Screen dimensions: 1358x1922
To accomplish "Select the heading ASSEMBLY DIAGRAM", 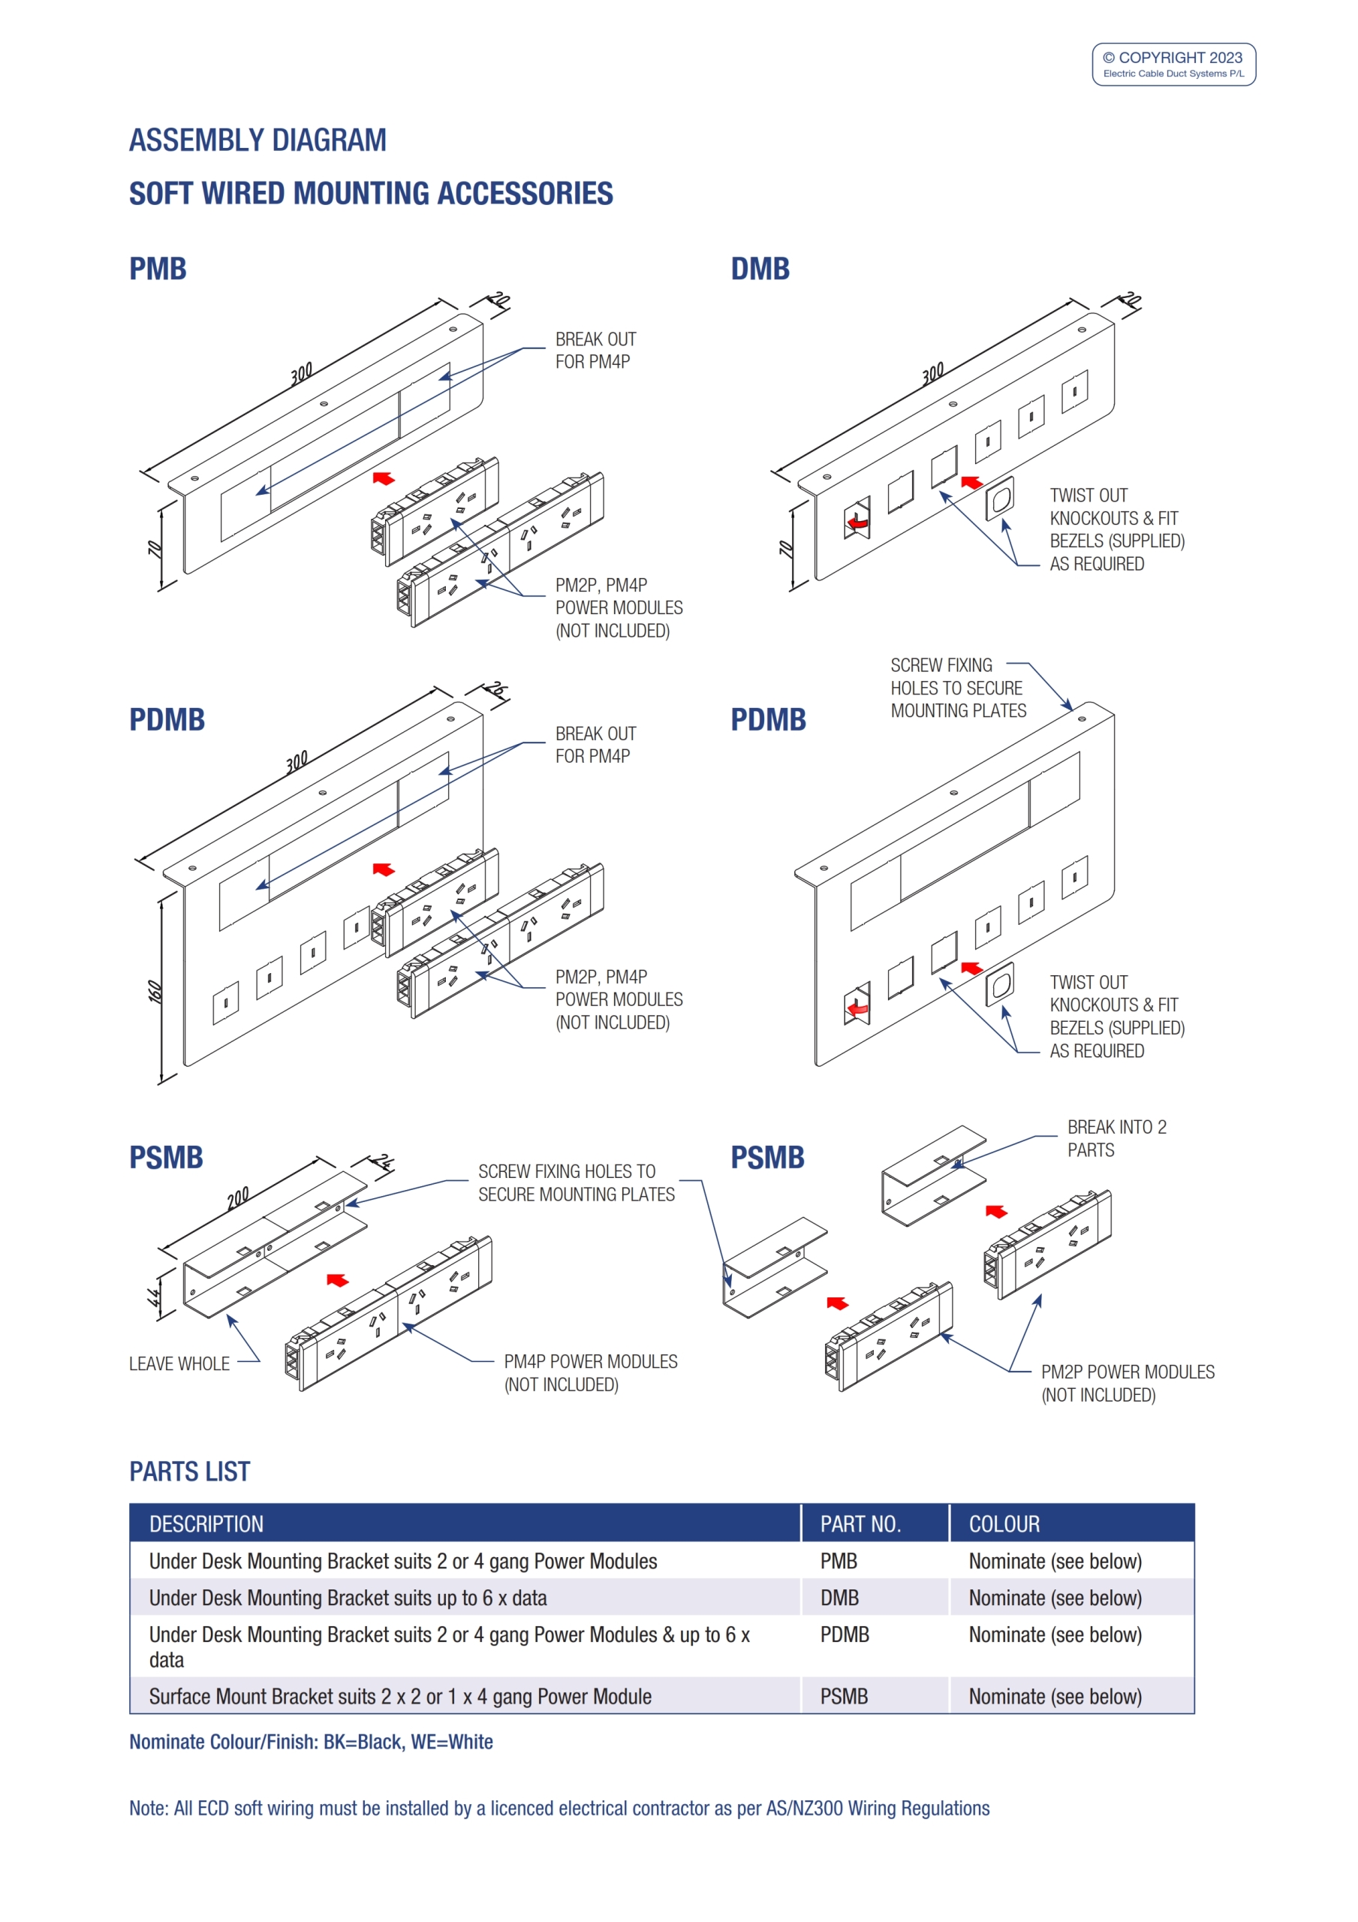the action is click(258, 140).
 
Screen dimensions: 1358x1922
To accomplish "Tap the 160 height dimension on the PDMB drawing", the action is click(155, 991).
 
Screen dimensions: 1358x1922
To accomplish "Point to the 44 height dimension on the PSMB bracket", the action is click(154, 1296).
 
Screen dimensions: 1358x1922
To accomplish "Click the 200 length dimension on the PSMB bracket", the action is click(238, 1198).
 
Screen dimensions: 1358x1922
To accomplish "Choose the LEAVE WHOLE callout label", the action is click(179, 1363).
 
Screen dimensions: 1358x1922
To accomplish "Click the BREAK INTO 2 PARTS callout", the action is click(1117, 1138).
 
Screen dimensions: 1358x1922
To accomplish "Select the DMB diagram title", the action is click(760, 269).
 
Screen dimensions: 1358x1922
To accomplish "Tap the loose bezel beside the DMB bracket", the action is click(1001, 499).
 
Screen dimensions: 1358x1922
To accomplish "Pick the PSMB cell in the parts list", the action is click(844, 1696).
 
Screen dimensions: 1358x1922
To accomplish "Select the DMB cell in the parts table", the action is click(840, 1598).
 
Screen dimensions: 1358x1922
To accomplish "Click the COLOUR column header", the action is click(1004, 1523).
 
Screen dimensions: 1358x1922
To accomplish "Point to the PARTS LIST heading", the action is click(189, 1471).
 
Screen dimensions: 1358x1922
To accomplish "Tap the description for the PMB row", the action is click(402, 1561).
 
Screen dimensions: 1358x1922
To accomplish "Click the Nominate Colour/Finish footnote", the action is click(311, 1741).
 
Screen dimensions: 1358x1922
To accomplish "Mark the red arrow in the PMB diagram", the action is click(384, 478).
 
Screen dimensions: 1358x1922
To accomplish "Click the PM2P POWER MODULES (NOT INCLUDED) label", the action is click(1128, 1383).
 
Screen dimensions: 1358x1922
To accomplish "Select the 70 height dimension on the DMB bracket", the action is click(785, 548).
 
